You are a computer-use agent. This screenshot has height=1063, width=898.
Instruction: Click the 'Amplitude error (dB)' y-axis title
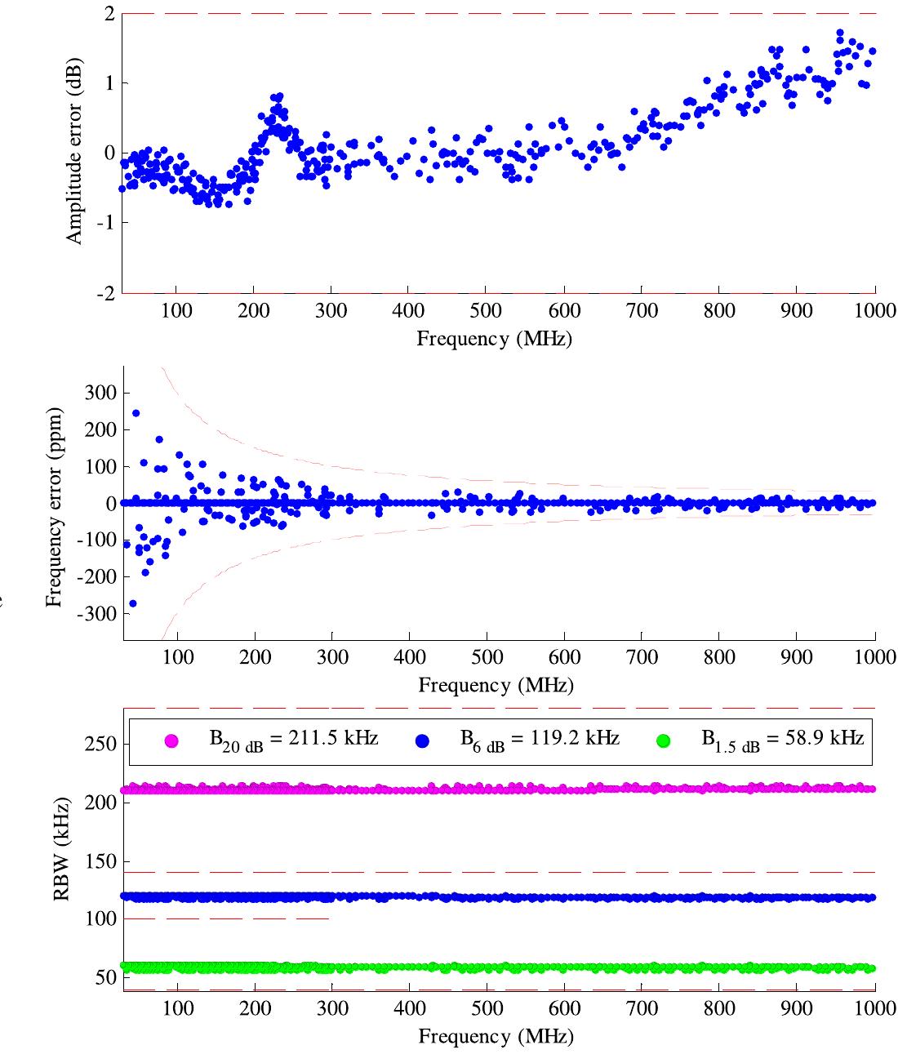coord(74,152)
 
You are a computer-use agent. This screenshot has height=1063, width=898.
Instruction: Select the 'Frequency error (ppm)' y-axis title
coord(55,502)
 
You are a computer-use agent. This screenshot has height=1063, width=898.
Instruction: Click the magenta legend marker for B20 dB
coord(171,741)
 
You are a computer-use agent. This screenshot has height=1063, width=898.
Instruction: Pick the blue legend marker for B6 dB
coord(422,741)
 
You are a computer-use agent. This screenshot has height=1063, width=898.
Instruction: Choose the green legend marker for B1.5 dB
coord(663,741)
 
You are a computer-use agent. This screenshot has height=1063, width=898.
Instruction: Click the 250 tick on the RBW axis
coord(103,745)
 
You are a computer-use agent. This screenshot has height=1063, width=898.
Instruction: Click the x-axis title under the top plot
coord(494,338)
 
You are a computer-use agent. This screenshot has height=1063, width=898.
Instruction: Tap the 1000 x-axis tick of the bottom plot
coord(874,1008)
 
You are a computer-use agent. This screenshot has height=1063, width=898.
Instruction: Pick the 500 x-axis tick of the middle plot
coord(487,658)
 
